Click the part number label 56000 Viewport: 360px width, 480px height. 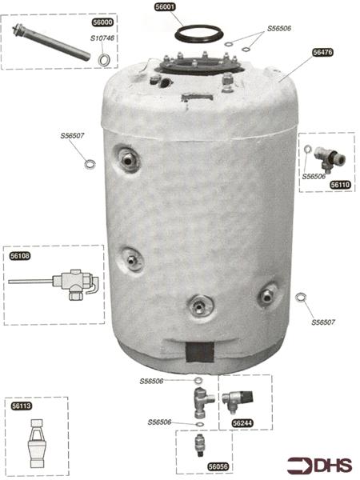[x=103, y=22]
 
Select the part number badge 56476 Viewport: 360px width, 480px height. [x=322, y=52]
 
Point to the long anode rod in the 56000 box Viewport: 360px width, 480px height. [x=51, y=42]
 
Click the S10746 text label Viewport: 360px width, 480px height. [x=102, y=38]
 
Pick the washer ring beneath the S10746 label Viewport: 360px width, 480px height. [x=105, y=59]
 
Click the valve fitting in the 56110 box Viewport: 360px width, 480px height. [x=330, y=159]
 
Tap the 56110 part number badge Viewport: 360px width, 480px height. [x=341, y=185]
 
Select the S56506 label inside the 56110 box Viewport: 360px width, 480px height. [x=314, y=177]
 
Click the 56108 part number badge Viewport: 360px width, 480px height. [x=20, y=256]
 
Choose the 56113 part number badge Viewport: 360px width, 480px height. [x=22, y=406]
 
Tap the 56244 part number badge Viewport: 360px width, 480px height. [x=242, y=423]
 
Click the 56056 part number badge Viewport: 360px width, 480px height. [x=218, y=466]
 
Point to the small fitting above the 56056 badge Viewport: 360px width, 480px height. [x=199, y=446]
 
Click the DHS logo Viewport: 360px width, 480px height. [x=319, y=466]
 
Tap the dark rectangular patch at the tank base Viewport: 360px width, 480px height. [x=200, y=352]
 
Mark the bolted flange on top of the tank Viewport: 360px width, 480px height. [x=199, y=65]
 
